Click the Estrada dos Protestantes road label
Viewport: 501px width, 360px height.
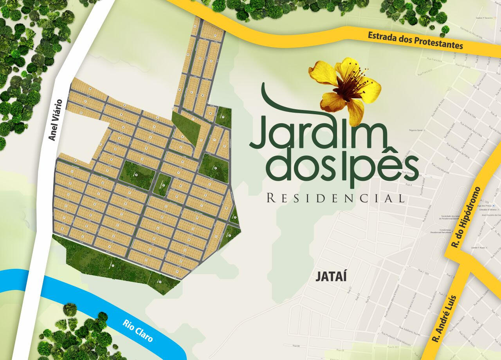tap(415, 41)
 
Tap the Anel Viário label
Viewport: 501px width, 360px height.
tap(56, 120)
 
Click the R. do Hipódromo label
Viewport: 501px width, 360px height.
tap(466, 218)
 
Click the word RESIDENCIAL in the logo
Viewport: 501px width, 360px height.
tap(335, 198)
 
